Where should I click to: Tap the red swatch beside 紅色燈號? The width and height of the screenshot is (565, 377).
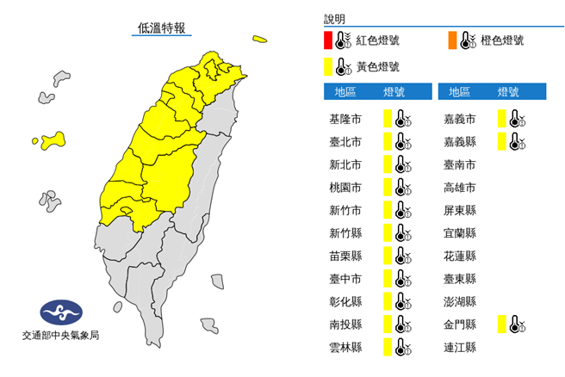pyautogui.click(x=328, y=40)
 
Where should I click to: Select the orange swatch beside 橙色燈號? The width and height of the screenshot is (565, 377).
pyautogui.click(x=451, y=40)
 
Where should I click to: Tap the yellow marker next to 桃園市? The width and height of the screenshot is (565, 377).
pyautogui.click(x=388, y=188)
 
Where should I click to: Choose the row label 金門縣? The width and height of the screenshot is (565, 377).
pyautogui.click(x=459, y=324)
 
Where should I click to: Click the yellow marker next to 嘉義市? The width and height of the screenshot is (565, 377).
pyautogui.click(x=501, y=119)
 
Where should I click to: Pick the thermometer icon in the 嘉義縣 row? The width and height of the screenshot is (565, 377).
pyautogui.click(x=516, y=142)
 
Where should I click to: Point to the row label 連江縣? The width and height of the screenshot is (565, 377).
pyautogui.click(x=459, y=348)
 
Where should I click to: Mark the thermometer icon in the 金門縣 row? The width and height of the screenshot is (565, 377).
pyautogui.click(x=516, y=324)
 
